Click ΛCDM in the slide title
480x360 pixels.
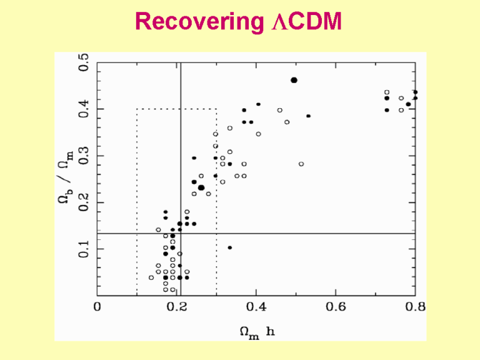pos(307,23)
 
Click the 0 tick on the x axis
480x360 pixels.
pos(97,307)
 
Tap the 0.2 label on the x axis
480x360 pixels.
pos(177,307)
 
